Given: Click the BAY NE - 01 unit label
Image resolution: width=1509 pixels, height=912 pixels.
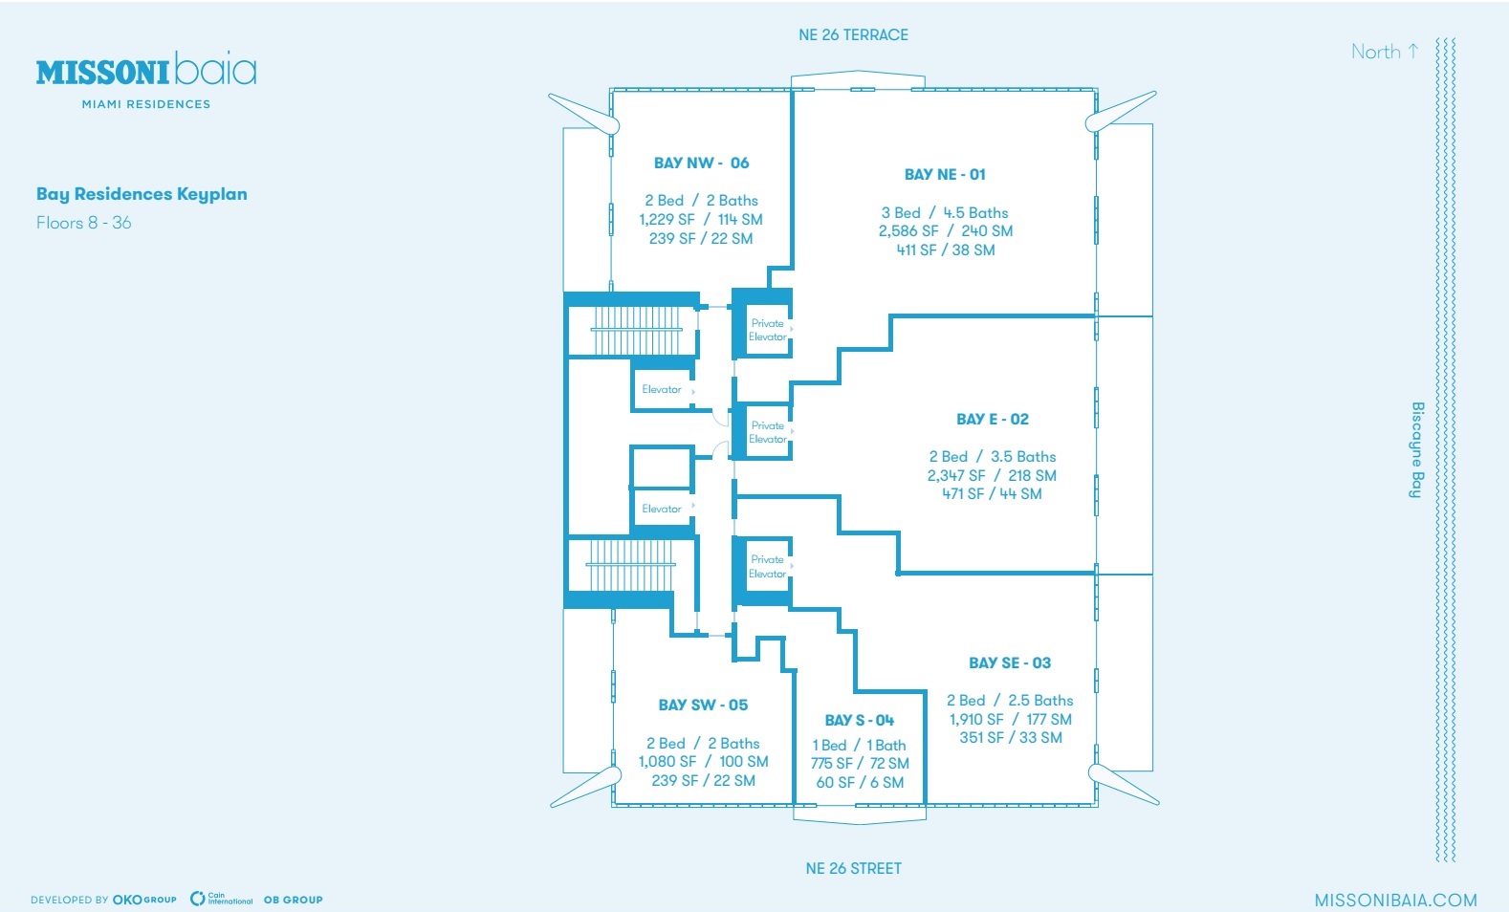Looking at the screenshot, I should coord(945,174).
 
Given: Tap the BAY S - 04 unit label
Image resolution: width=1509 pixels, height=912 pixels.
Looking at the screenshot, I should coord(859,720).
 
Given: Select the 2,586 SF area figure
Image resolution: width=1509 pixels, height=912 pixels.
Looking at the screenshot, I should coord(908,231).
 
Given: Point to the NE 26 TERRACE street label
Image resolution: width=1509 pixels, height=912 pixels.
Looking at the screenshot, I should coord(853,35).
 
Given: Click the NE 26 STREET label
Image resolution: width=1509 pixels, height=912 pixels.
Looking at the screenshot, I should coord(853,868).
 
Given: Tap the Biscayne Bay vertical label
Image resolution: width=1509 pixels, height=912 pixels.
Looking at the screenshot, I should coord(1417,449).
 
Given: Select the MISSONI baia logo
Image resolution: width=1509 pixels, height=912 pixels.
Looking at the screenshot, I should coord(146,72).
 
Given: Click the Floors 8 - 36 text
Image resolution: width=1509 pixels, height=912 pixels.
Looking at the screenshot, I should coord(84,223).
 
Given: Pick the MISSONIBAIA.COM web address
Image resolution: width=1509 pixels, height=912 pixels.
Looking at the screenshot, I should coord(1395,900).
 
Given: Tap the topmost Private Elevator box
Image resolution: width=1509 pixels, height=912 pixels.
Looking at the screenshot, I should coord(767,330).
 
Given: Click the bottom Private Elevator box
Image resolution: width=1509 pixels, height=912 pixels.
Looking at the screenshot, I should coord(767,566).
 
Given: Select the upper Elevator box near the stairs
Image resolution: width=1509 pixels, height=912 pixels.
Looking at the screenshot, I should coord(662,390).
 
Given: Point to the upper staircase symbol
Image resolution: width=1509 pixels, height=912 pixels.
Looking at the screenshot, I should coord(637,331).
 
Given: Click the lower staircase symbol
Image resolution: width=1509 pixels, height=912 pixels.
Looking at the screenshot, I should coord(630,565).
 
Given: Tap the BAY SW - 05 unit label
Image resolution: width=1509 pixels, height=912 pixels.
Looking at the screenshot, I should coord(703,705).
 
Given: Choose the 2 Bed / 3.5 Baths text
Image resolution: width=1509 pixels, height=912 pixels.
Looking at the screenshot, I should coord(992,457).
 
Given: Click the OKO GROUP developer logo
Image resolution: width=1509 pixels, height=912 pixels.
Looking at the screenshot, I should coord(144,900).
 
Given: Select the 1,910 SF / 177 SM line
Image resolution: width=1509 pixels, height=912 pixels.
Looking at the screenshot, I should coord(1010,719).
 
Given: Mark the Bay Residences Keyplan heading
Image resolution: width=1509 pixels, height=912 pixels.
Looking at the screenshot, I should coord(142,194).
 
